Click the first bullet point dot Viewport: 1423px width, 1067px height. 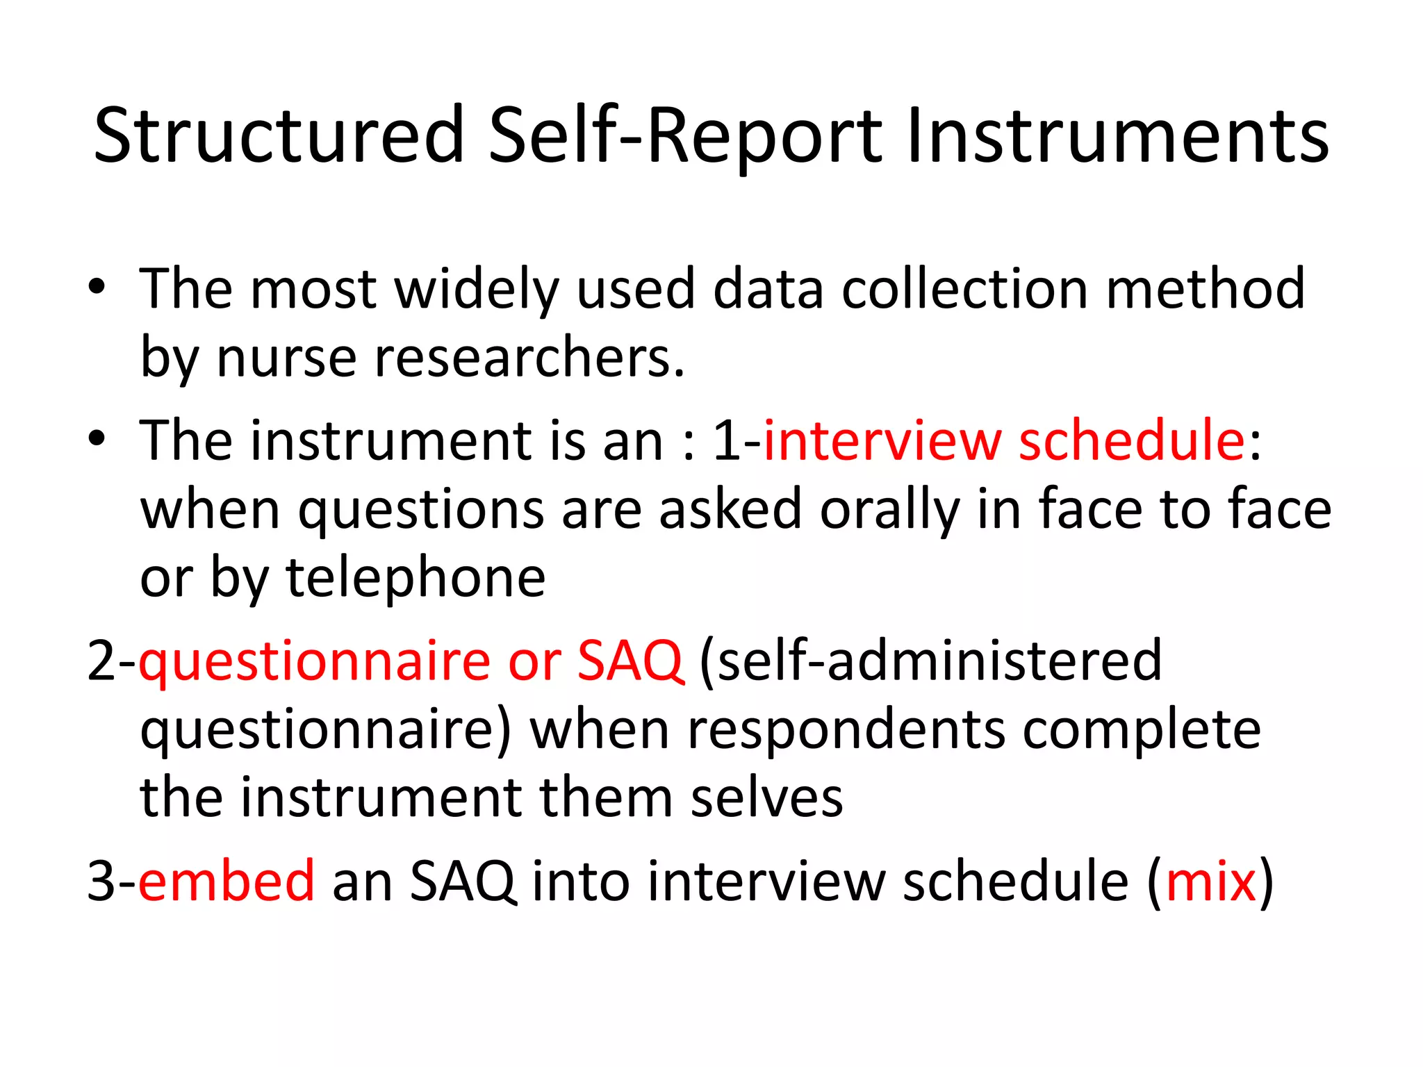pyautogui.click(x=97, y=287)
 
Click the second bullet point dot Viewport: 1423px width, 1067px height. pyautogui.click(x=97, y=438)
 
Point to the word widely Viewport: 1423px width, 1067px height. pyautogui.click(x=477, y=290)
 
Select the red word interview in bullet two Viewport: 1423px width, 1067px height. pyautogui.click(x=882, y=441)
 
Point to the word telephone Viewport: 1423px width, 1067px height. pyautogui.click(x=416, y=578)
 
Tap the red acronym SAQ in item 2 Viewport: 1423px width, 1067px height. pyautogui.click(x=630, y=661)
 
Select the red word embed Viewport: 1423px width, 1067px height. pyautogui.click(x=227, y=881)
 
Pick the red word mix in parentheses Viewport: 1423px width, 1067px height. pyautogui.click(x=1211, y=881)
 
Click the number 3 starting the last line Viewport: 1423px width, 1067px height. pyautogui.click(x=101, y=881)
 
